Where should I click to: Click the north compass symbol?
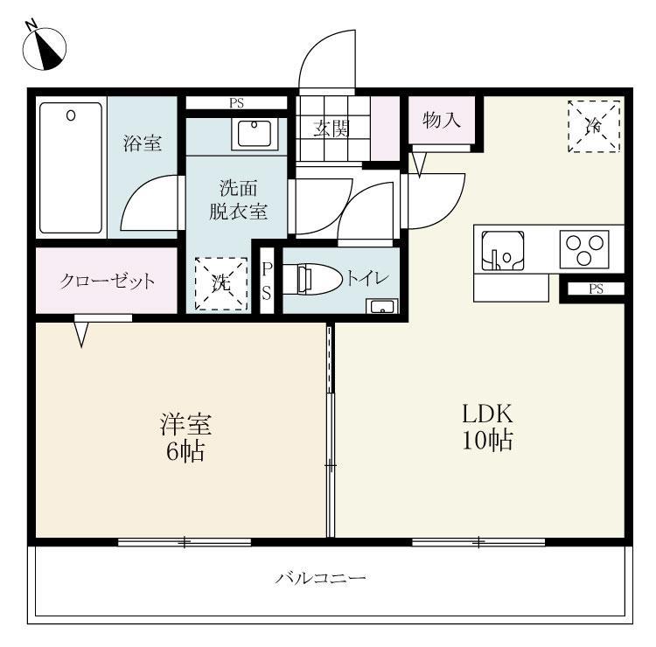[x=45, y=48]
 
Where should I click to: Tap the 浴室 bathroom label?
[x=143, y=143]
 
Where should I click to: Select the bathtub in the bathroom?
[x=71, y=168]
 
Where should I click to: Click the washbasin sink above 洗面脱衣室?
[x=255, y=134]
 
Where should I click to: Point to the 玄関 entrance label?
[x=331, y=129]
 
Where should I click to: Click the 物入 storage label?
[x=442, y=121]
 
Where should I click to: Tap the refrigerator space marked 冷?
[x=594, y=126]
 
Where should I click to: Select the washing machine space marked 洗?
[x=221, y=283]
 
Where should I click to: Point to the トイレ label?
[x=367, y=279]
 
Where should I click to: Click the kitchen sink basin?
[x=502, y=251]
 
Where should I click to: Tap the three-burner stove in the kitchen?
[x=584, y=249]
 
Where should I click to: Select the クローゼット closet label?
[x=107, y=281]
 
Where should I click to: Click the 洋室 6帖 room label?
[x=185, y=437]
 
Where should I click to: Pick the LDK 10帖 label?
[x=487, y=427]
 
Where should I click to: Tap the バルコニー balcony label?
[x=320, y=579]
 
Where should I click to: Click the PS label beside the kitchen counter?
[x=596, y=289]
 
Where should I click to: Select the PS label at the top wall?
[x=236, y=103]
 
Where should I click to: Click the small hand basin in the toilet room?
[x=382, y=307]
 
